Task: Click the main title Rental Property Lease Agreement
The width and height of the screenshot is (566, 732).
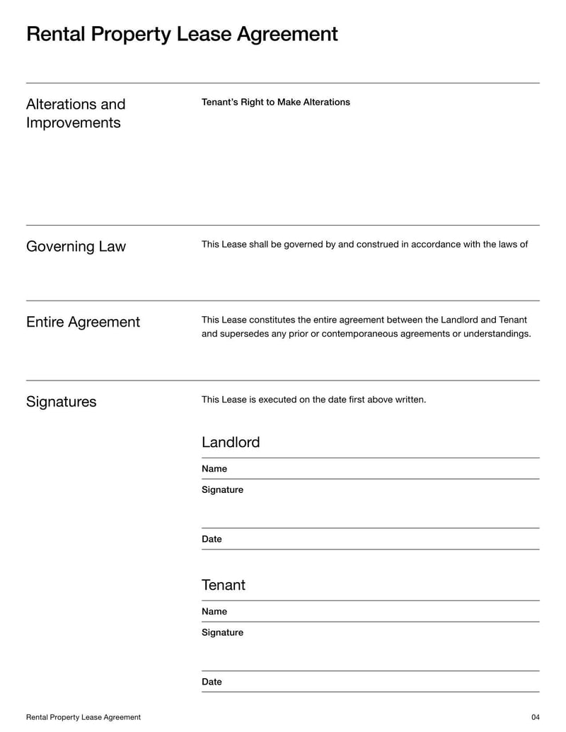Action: pyautogui.click(x=182, y=34)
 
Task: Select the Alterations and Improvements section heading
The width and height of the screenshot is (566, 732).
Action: pyautogui.click(x=76, y=113)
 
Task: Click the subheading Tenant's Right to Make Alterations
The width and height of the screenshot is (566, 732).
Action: pyautogui.click(x=276, y=103)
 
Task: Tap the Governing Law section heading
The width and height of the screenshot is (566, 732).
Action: pyautogui.click(x=76, y=247)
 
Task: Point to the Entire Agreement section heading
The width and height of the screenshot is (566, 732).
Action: pyautogui.click(x=83, y=323)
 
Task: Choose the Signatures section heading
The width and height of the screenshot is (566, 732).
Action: pyautogui.click(x=61, y=402)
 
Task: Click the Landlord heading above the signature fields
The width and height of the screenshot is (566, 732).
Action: pyautogui.click(x=231, y=443)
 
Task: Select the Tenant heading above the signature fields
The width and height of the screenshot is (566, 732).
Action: pyautogui.click(x=224, y=586)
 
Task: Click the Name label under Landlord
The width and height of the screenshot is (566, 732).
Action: pyautogui.click(x=214, y=469)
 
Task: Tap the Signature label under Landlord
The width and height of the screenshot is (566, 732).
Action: pyautogui.click(x=222, y=490)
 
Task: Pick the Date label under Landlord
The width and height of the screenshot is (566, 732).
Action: pyautogui.click(x=212, y=540)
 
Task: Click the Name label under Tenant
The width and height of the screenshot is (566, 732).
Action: pyautogui.click(x=214, y=612)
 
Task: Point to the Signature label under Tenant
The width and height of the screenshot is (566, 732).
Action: pyautogui.click(x=222, y=633)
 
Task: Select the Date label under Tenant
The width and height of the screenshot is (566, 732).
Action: pyautogui.click(x=212, y=682)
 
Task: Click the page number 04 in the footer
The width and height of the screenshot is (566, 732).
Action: pyautogui.click(x=535, y=717)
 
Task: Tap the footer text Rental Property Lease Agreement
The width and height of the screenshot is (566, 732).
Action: pyautogui.click(x=83, y=717)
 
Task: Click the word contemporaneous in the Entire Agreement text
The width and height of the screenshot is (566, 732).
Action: pyautogui.click(x=361, y=334)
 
